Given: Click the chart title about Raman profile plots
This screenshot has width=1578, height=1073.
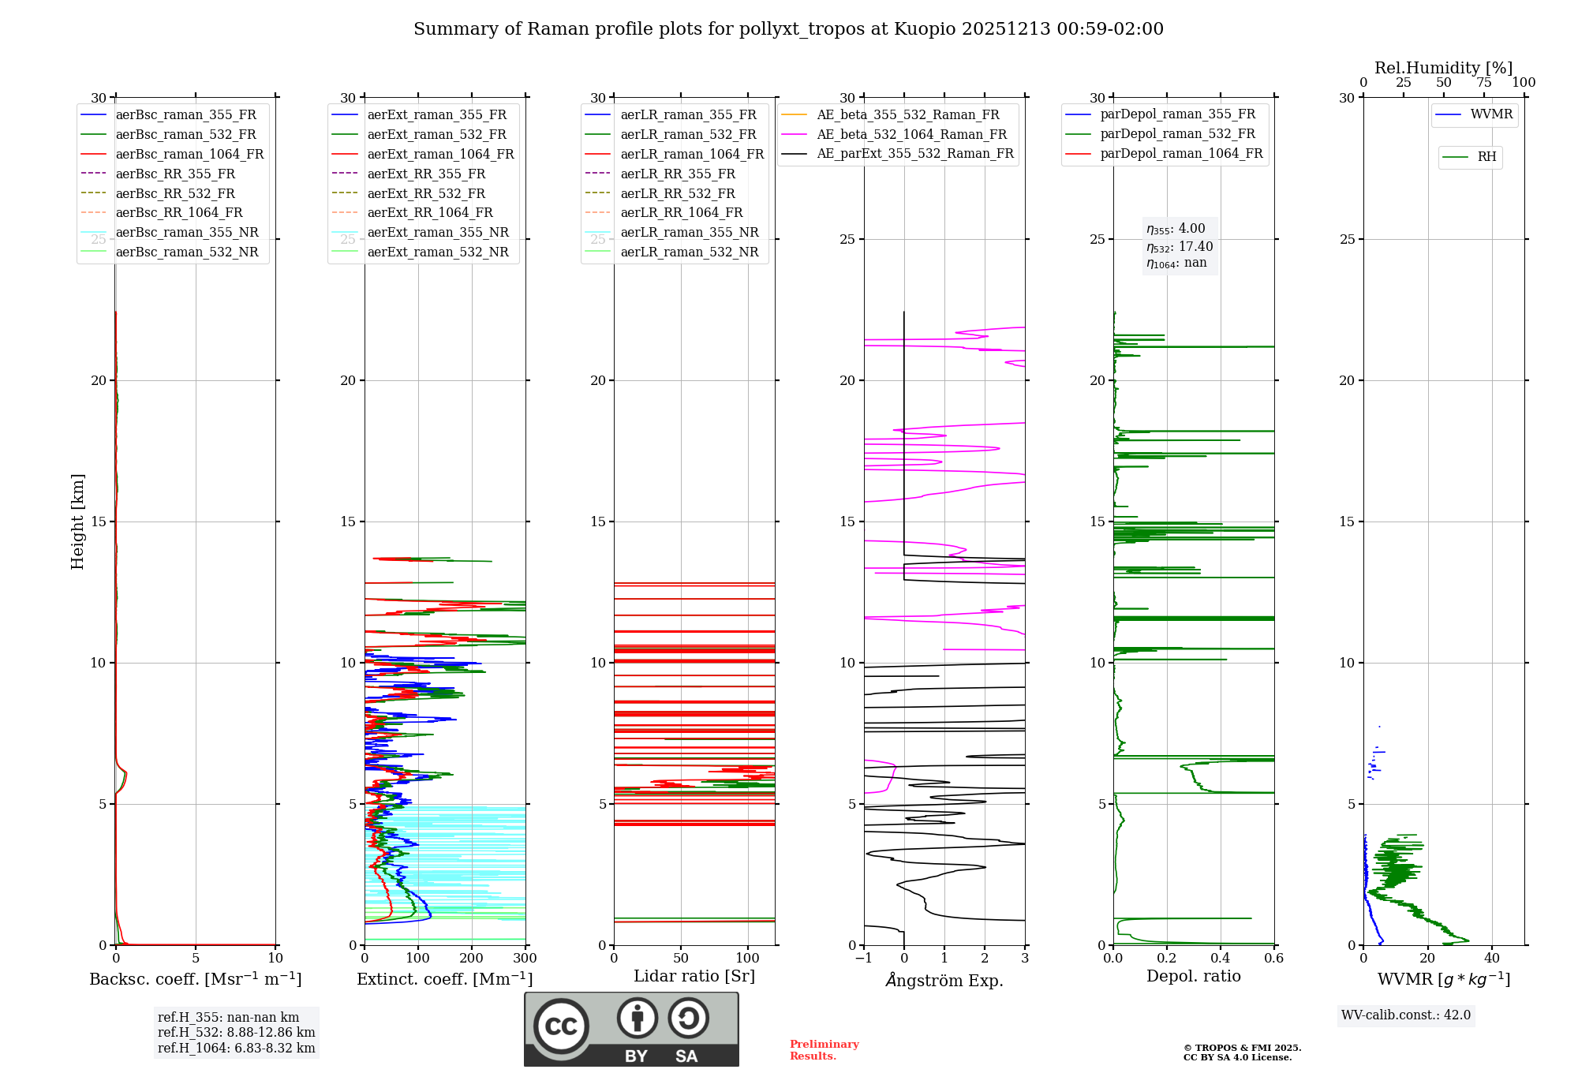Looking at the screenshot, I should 788,29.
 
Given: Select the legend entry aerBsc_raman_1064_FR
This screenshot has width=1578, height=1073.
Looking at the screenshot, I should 189,154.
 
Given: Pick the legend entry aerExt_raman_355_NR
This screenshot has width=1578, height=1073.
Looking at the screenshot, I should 438,232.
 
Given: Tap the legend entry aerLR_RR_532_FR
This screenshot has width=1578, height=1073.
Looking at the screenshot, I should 677,193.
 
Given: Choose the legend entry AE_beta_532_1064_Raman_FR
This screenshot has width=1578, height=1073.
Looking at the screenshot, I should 911,134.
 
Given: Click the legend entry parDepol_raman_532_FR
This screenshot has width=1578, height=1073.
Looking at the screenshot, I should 1177,133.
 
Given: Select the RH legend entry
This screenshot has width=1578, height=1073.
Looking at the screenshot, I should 1486,157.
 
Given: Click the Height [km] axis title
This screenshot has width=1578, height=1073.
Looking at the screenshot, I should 77,522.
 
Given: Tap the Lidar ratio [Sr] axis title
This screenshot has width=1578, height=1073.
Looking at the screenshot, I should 694,976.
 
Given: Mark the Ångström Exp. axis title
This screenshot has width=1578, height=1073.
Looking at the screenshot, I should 944,980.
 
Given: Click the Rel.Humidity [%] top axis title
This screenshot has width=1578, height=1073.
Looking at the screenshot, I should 1443,68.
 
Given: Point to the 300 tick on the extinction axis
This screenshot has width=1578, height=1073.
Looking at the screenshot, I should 525,959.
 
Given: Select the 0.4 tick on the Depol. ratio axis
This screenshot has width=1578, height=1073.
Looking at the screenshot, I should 1221,959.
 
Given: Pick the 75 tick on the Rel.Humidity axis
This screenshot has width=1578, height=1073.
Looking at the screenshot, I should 1484,83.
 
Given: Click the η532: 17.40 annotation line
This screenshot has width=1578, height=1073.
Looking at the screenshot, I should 1180,246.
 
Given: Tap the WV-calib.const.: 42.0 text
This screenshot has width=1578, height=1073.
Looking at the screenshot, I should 1406,1015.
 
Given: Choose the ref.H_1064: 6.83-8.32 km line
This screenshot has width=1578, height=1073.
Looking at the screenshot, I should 236,1048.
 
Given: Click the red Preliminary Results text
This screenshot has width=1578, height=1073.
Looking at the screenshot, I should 824,1050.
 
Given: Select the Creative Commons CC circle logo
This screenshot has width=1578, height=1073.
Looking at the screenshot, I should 561,1026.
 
